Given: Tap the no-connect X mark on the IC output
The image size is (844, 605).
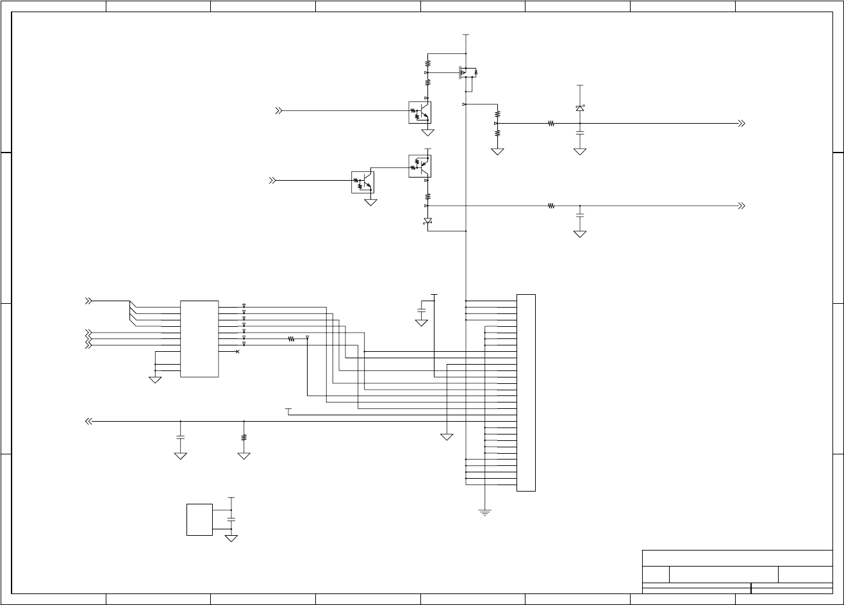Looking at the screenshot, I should (x=238, y=352).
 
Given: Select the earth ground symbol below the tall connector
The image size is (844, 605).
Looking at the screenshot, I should (x=485, y=511).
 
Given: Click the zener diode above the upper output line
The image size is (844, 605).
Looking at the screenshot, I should (x=580, y=108).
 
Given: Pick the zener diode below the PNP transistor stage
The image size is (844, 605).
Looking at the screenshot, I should (x=428, y=221).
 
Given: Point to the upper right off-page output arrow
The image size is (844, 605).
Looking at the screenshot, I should (x=741, y=123).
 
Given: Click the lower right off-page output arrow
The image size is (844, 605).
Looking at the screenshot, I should (x=741, y=206).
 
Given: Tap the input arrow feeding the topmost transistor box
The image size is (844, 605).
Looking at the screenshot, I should (x=279, y=111).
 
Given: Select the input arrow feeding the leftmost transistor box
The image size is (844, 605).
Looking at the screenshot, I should (x=272, y=181).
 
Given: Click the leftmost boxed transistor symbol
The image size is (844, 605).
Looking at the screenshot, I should (x=363, y=182).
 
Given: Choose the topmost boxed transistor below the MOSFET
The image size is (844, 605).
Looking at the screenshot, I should (x=420, y=112).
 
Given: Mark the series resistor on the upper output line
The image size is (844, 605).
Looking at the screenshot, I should (x=551, y=123).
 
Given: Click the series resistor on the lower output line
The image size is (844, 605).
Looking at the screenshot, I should (x=551, y=206).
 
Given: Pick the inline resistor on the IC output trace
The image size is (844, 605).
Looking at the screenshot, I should (x=291, y=339).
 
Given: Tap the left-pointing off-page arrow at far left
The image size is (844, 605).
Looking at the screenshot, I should (x=88, y=421).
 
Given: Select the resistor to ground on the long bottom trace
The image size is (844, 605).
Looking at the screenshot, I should (x=244, y=438).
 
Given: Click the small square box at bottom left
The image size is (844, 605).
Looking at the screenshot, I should (x=199, y=520).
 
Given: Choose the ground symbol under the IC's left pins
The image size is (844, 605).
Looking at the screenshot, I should (x=155, y=379).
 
